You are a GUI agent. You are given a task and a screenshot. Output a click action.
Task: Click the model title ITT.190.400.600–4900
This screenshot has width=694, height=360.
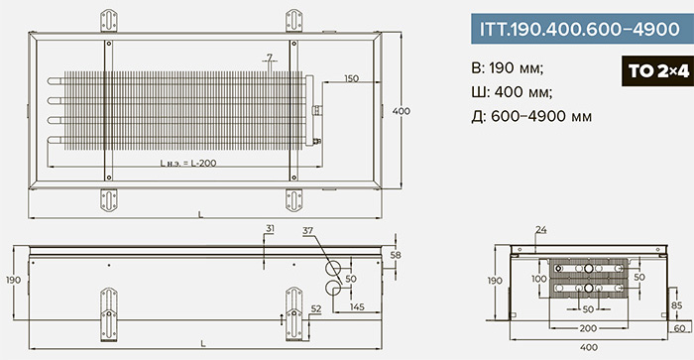click(580, 29)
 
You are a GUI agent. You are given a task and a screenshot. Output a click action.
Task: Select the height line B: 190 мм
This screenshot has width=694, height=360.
click(508, 68)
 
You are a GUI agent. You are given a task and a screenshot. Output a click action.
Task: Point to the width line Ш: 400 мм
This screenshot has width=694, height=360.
click(513, 92)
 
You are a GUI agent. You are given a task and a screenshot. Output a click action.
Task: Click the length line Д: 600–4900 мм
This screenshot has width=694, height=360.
click(531, 116)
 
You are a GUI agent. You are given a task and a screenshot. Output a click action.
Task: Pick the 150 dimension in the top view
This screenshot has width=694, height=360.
click(351, 78)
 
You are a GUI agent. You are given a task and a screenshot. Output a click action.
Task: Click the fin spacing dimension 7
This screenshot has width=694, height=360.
click(269, 58)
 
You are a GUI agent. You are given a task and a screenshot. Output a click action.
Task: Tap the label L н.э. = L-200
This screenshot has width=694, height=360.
click(188, 163)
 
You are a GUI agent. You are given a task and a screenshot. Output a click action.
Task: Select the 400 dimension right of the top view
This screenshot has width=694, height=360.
click(401, 111)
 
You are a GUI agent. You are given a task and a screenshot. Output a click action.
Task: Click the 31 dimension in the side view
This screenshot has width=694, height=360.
click(270, 229)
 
